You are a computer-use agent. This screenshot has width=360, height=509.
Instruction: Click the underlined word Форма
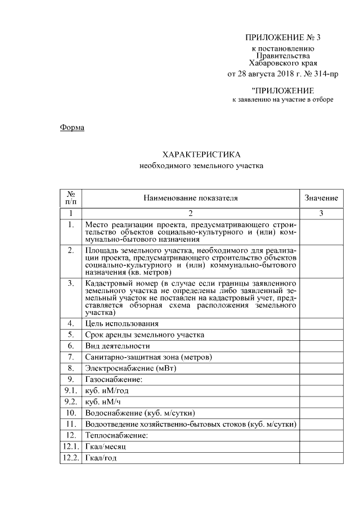(x=72, y=128)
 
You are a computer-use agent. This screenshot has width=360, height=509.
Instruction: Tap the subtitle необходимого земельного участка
(x=201, y=166)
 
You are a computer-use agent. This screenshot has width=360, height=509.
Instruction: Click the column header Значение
(x=321, y=198)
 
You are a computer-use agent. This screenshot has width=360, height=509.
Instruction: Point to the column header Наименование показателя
(x=191, y=198)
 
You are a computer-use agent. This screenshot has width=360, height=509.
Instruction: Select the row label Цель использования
(x=121, y=323)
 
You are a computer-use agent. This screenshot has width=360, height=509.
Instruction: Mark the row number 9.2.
(x=71, y=402)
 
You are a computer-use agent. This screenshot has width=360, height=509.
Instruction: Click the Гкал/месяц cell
(x=105, y=447)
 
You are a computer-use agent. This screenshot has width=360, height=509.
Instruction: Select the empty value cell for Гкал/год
(x=321, y=458)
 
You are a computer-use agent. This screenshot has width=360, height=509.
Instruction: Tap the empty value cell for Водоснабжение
(x=321, y=413)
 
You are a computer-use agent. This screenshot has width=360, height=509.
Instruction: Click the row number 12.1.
(x=71, y=447)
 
